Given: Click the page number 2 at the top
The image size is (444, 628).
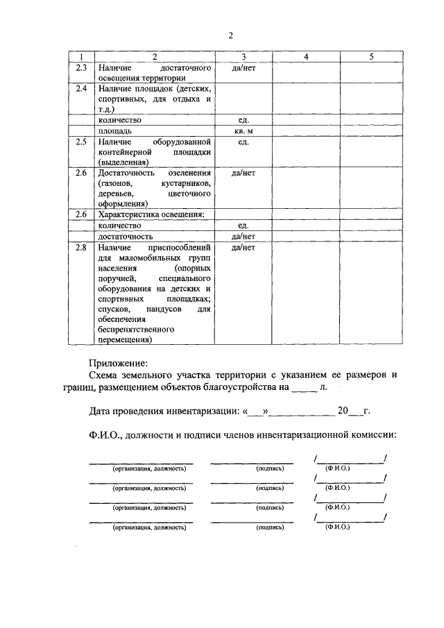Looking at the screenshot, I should (230, 36).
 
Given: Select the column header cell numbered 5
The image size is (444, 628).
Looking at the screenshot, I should (371, 57).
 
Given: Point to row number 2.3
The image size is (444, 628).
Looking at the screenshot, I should (80, 67).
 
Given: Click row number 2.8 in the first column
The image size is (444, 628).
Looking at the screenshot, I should (80, 247).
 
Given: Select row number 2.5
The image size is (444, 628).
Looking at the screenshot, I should (80, 142).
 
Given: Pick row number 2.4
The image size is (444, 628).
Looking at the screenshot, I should (80, 90).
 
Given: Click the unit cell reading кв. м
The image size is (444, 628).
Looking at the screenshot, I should (243, 130).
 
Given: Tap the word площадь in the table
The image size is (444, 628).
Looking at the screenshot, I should (115, 130).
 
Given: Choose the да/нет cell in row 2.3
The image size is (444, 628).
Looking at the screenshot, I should (243, 67).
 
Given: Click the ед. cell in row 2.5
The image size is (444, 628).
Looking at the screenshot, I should (243, 142).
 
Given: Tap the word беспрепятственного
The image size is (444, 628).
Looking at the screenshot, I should (135, 330).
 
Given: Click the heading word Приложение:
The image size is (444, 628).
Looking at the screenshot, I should (119, 362).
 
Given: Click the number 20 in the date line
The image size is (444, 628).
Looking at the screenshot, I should (341, 411).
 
